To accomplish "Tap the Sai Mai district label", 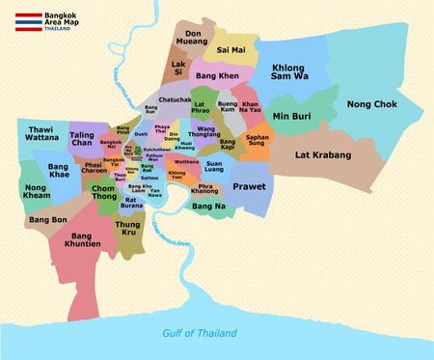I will tap(231, 49).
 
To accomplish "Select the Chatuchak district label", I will tap(174, 99).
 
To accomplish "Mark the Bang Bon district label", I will tap(47, 220).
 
